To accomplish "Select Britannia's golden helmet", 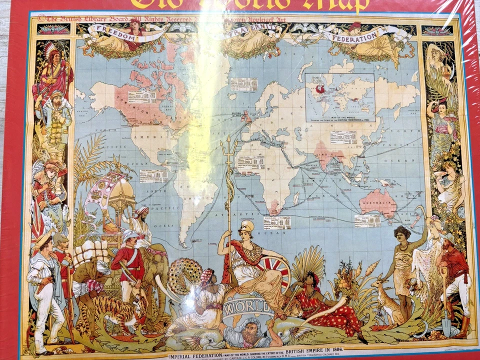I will coord(246,226).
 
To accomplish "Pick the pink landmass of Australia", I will coord(378,203).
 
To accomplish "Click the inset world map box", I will coord(339,97).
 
